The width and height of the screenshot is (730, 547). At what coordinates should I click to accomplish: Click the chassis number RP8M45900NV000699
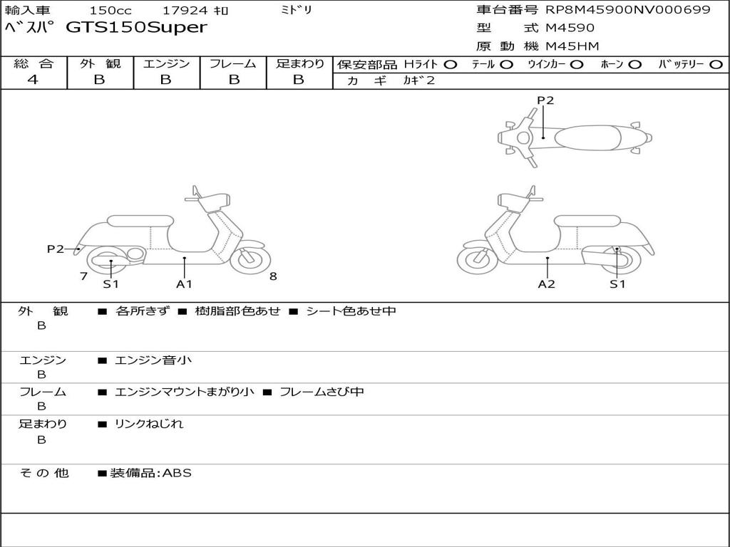[628, 10]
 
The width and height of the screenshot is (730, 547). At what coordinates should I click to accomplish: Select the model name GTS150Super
[136, 28]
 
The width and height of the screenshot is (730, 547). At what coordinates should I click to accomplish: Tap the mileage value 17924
[181, 11]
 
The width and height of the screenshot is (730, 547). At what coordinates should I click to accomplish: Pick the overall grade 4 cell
[33, 80]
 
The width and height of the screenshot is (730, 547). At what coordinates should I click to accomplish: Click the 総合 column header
[33, 63]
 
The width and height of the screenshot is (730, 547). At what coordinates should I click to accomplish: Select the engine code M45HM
[572, 46]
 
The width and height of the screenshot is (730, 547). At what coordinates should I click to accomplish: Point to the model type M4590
[570, 28]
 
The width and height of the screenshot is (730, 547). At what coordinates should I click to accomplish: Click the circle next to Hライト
[450, 64]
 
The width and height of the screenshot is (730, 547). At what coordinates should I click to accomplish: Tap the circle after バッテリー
[716, 64]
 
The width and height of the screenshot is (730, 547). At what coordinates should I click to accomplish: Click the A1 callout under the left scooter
[185, 284]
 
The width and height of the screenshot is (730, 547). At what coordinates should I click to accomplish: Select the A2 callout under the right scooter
[547, 284]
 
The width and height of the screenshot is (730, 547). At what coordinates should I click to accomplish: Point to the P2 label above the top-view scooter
[545, 100]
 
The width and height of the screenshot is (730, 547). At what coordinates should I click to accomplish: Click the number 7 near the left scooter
[83, 276]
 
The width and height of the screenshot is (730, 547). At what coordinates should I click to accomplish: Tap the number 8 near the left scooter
[273, 276]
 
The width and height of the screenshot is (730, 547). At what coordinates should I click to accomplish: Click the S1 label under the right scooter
[617, 284]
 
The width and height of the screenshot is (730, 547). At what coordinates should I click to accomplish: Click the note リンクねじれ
[149, 424]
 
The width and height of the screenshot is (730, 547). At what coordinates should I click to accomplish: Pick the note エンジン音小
[153, 360]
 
